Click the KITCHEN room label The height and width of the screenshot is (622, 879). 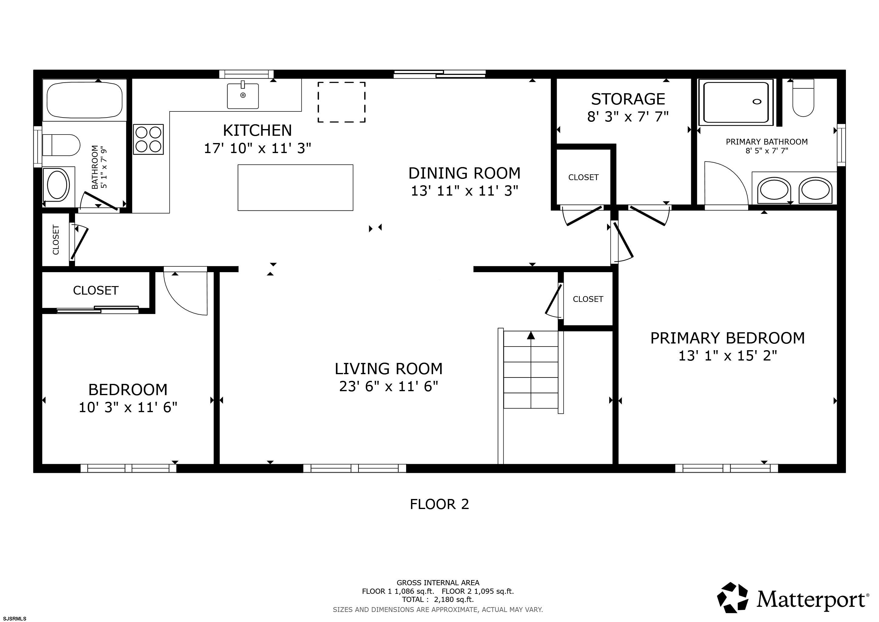(x=257, y=131)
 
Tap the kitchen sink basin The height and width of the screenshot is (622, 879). (x=243, y=96)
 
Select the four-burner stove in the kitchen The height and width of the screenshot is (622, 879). (x=148, y=139)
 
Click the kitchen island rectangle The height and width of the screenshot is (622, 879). (x=295, y=188)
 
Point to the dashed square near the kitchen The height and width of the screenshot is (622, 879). (x=341, y=102)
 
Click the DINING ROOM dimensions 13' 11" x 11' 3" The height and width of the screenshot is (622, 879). (x=464, y=191)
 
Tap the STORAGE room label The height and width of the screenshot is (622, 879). (x=628, y=99)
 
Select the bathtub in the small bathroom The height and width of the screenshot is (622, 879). (x=85, y=100)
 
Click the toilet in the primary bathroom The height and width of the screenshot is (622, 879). (x=803, y=98)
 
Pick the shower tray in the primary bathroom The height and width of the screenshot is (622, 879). (x=735, y=102)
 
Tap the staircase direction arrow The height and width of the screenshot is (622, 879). (x=531, y=336)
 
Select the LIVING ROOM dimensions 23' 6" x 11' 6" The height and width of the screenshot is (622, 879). (x=389, y=386)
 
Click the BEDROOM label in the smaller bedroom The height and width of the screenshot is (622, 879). (x=128, y=390)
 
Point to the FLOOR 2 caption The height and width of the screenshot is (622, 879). (x=439, y=504)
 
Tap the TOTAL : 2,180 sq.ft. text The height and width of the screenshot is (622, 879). (x=438, y=600)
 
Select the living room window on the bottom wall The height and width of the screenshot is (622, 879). (x=355, y=468)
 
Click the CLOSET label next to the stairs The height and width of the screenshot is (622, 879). (x=588, y=299)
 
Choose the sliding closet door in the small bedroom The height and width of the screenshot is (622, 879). (x=98, y=309)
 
